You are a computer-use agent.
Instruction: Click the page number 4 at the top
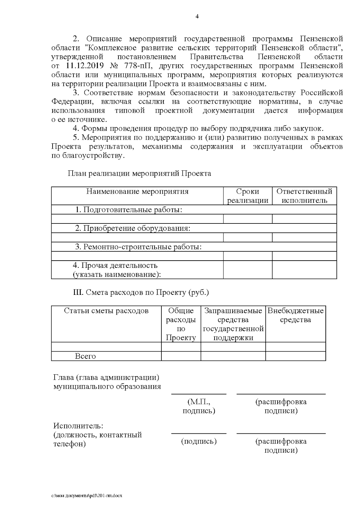197,16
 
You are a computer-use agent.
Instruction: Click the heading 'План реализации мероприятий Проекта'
139,173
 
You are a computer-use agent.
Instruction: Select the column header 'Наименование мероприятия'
137,191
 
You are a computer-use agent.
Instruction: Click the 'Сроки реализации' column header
247,196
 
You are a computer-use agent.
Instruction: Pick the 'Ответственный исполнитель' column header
304,196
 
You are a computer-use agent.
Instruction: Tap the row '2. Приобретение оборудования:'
133,228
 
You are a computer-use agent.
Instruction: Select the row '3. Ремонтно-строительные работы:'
138,247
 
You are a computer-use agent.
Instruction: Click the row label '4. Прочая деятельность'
115,265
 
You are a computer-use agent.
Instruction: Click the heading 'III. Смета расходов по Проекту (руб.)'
141,292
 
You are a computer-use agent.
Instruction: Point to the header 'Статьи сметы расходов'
106,311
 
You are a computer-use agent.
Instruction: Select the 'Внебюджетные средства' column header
295,315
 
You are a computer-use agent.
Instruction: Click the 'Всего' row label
85,356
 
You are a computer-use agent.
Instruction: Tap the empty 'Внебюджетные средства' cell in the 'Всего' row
295,356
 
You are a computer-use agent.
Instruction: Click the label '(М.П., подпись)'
199,406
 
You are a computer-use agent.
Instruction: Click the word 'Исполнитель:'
78,426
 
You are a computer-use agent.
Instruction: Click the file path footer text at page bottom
87,496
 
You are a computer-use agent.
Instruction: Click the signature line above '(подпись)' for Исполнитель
199,433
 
